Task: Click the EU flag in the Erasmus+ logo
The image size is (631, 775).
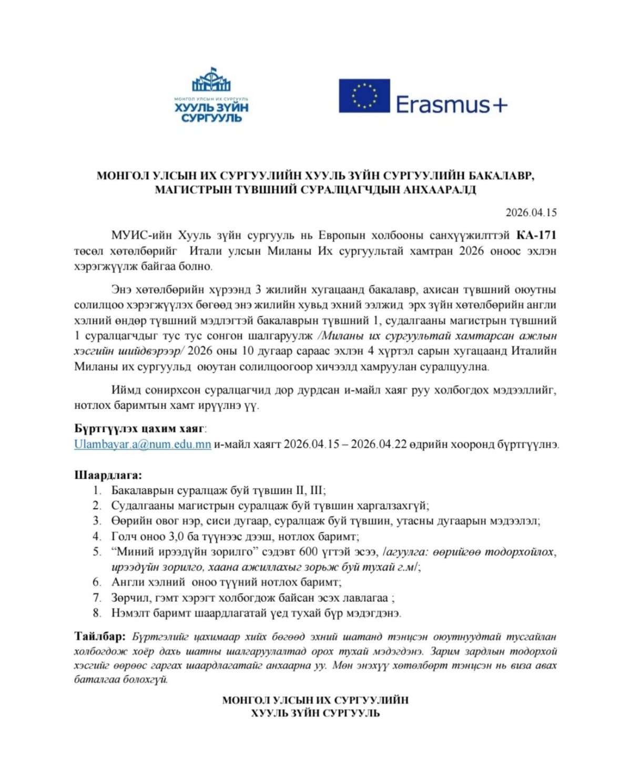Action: coord(364,96)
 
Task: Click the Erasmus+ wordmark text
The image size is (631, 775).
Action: coord(451,105)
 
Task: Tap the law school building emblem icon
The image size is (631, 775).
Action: coord(211,80)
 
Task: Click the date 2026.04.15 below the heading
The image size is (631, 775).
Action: coord(531,213)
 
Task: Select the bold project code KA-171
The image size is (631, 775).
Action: coord(536,235)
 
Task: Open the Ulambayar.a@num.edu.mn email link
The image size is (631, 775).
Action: coord(143,444)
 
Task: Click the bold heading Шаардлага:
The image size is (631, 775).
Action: coord(108,475)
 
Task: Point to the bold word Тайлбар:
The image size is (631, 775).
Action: coord(100,636)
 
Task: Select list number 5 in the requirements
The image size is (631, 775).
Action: coord(97,552)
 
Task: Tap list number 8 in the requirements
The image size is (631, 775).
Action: coord(97,613)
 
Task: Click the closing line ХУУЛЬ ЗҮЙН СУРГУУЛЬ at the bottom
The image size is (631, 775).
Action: coord(315,713)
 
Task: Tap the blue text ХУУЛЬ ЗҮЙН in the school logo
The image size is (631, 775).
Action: coord(211,108)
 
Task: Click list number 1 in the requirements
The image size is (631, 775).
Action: coord(97,490)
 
